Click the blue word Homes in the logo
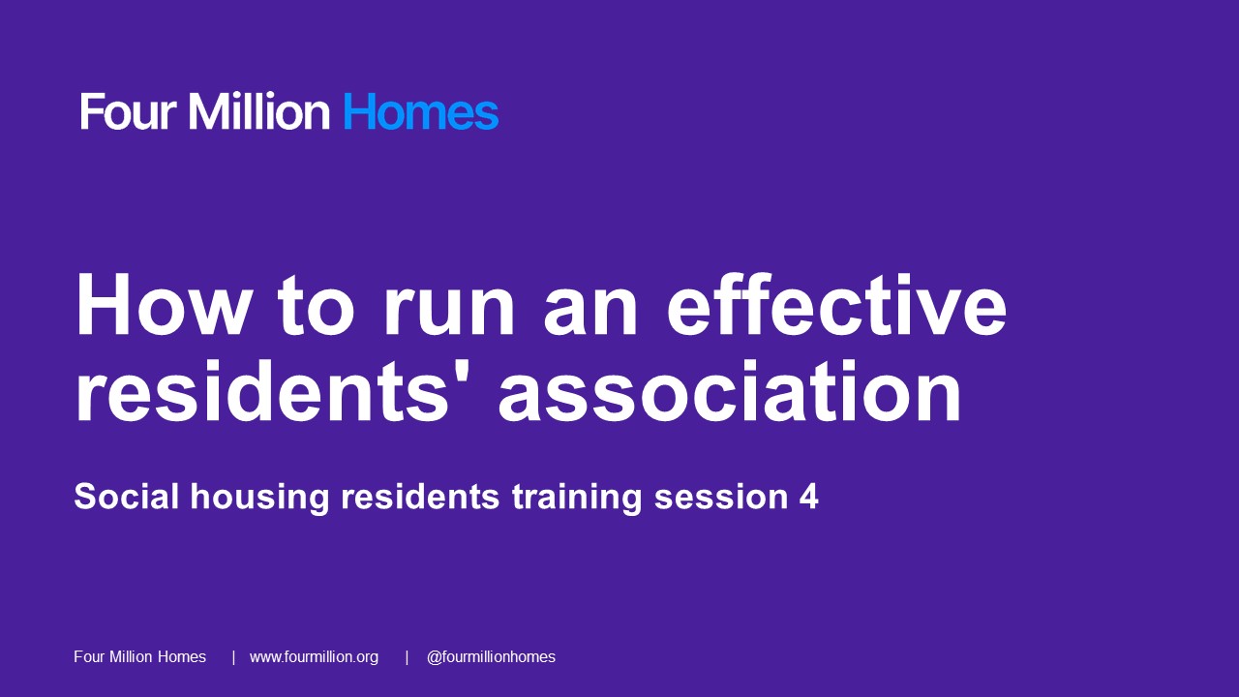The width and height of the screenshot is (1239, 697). [421, 111]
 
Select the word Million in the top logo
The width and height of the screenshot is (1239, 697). [258, 111]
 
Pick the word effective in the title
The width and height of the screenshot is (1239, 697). [837, 305]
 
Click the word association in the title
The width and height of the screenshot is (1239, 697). [730, 391]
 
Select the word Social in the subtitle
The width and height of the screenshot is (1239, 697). [127, 497]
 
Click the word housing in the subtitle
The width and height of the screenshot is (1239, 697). [260, 498]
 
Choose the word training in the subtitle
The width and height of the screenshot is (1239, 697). [577, 498]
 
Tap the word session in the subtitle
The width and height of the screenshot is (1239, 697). [721, 497]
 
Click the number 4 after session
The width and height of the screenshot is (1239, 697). [808, 497]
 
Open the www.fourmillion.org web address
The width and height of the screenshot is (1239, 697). [315, 657]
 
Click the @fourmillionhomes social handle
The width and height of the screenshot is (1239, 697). [491, 657]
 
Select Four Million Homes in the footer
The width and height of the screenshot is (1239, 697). [140, 656]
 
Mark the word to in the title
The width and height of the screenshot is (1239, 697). [317, 307]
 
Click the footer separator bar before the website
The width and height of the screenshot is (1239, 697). [233, 657]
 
